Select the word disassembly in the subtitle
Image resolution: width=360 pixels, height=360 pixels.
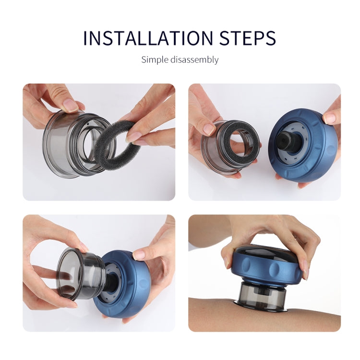pyautogui.click(x=195, y=60)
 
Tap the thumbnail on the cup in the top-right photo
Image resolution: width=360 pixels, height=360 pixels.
pyautogui.click(x=209, y=129)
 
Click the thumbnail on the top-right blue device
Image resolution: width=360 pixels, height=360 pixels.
pyautogui.click(x=329, y=117)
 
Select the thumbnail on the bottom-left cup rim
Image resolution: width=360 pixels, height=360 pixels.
pyautogui.click(x=83, y=247)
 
